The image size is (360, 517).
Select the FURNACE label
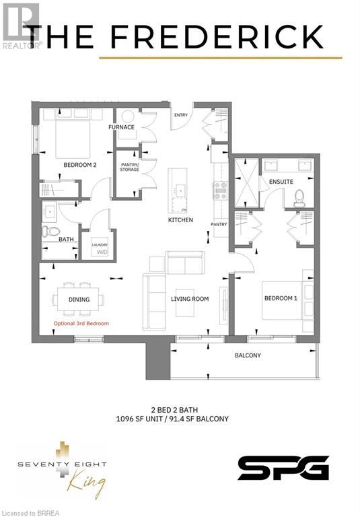121,127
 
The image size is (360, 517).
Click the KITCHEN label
180,220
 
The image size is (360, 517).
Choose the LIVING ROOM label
190,298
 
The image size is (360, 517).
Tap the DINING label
79,299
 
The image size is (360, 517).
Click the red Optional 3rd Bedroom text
81,324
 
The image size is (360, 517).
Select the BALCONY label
248,355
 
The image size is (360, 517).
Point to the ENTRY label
180,115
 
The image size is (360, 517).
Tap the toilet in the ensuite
300,197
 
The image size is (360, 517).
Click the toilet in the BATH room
48,232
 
